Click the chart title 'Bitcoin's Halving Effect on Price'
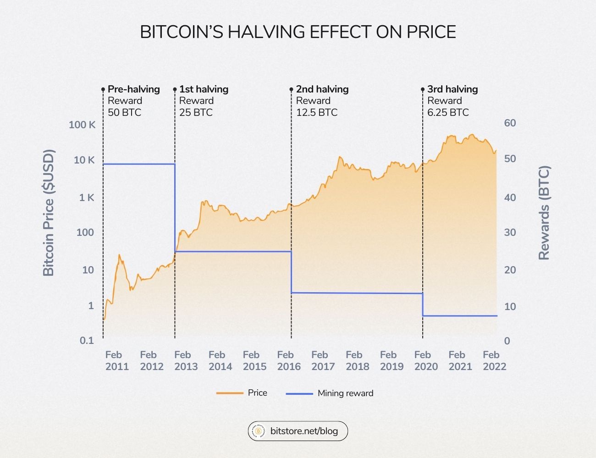click(298, 32)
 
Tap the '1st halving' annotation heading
click(204, 89)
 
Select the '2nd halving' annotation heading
click(322, 89)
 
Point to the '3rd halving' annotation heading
click(453, 89)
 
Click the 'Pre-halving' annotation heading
click(133, 89)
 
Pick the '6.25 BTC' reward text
click(448, 112)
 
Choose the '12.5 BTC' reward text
click(316, 112)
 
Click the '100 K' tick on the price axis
click(82, 125)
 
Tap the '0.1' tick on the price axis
click(87, 340)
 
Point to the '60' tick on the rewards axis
click(510, 123)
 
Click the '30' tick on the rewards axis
click(510, 232)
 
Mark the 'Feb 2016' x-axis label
click(289, 360)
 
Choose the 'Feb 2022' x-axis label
click(494, 360)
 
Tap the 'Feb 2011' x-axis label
click(117, 360)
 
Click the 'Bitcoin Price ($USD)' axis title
click(49, 213)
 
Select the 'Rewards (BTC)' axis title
click(544, 213)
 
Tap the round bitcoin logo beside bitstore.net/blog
click(259, 431)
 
